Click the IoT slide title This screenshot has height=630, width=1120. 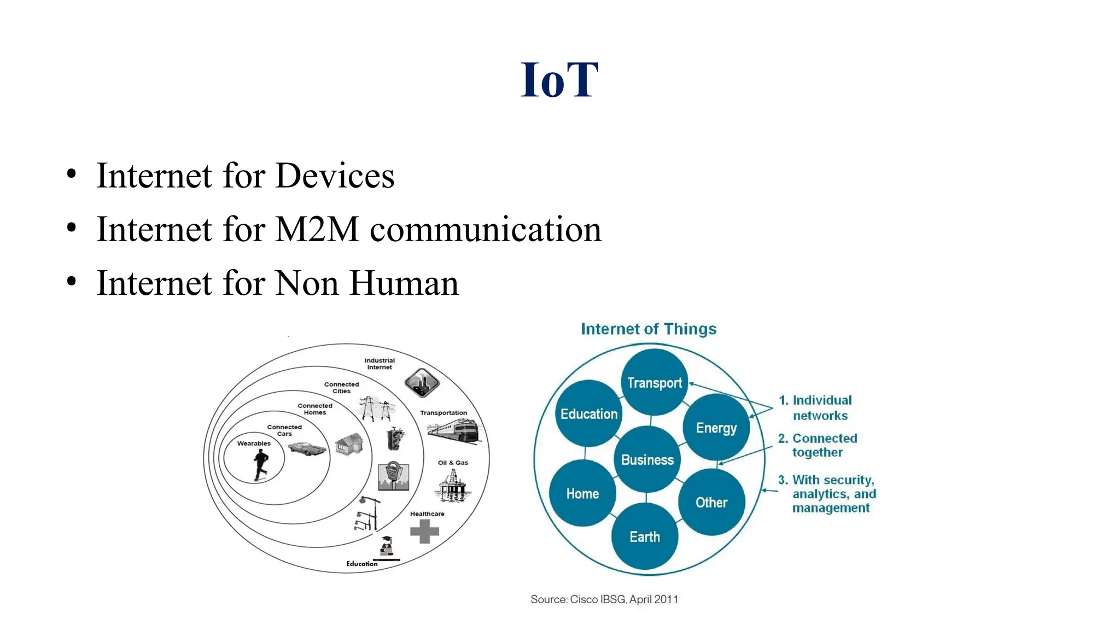point(559,80)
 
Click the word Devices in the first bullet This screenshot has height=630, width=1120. point(334,176)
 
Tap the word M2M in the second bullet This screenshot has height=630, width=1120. point(317,229)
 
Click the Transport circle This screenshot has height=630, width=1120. point(654,382)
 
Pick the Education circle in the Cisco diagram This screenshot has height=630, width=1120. point(588,414)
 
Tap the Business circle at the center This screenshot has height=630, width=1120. point(647,460)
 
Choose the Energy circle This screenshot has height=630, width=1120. point(716,427)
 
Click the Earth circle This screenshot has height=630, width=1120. point(644,536)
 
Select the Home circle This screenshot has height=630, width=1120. point(582,493)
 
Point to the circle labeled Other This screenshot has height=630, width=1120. point(711,502)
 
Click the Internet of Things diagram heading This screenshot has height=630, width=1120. point(648,329)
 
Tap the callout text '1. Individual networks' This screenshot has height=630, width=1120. point(819,407)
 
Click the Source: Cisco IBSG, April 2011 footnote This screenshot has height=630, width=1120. point(604,599)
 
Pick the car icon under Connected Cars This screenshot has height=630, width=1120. point(307,448)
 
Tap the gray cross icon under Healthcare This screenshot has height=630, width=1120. point(424,531)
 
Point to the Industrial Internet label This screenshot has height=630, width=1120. point(380,364)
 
